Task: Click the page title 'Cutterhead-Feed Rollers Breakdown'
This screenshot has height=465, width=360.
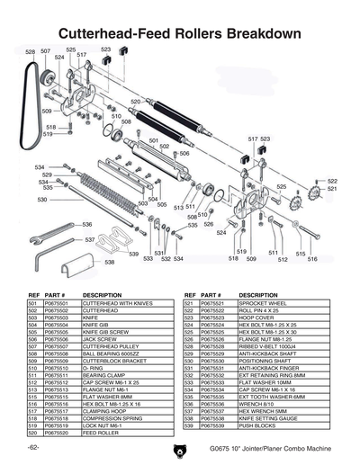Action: point(179,33)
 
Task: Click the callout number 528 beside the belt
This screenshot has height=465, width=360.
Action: point(30,52)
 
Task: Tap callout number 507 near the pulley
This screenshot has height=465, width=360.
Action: point(46,52)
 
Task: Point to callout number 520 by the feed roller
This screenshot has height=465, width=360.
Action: point(135,102)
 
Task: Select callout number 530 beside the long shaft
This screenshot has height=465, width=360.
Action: point(41,200)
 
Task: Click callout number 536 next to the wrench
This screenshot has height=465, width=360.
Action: point(87,224)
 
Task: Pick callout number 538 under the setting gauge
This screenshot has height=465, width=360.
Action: point(109,263)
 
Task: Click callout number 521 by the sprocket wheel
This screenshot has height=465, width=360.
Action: point(332,190)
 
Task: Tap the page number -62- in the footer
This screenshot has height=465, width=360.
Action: point(33,448)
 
